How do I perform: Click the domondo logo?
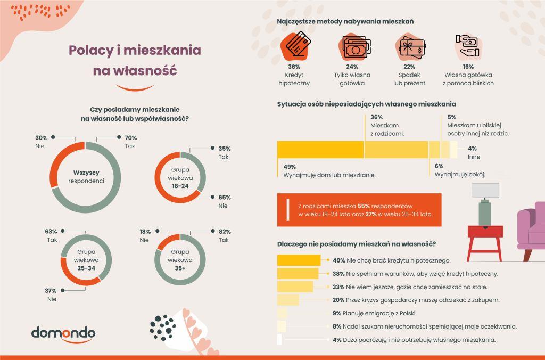pyautogui.click(x=63, y=334)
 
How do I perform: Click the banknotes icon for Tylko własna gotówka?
pyautogui.click(x=351, y=47)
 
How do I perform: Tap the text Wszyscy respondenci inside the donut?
pyautogui.click(x=86, y=176)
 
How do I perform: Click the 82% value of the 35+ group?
pyautogui.click(x=224, y=232)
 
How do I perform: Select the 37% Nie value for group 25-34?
pyautogui.click(x=51, y=291)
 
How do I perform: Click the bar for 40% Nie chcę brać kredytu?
pyautogui.click(x=299, y=260)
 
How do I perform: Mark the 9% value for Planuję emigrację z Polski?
pyautogui.click(x=336, y=313)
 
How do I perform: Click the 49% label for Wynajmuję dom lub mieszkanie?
pyautogui.click(x=290, y=166)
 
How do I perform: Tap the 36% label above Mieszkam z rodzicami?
pyautogui.click(x=376, y=117)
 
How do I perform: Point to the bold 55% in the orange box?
pyautogui.click(x=364, y=205)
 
